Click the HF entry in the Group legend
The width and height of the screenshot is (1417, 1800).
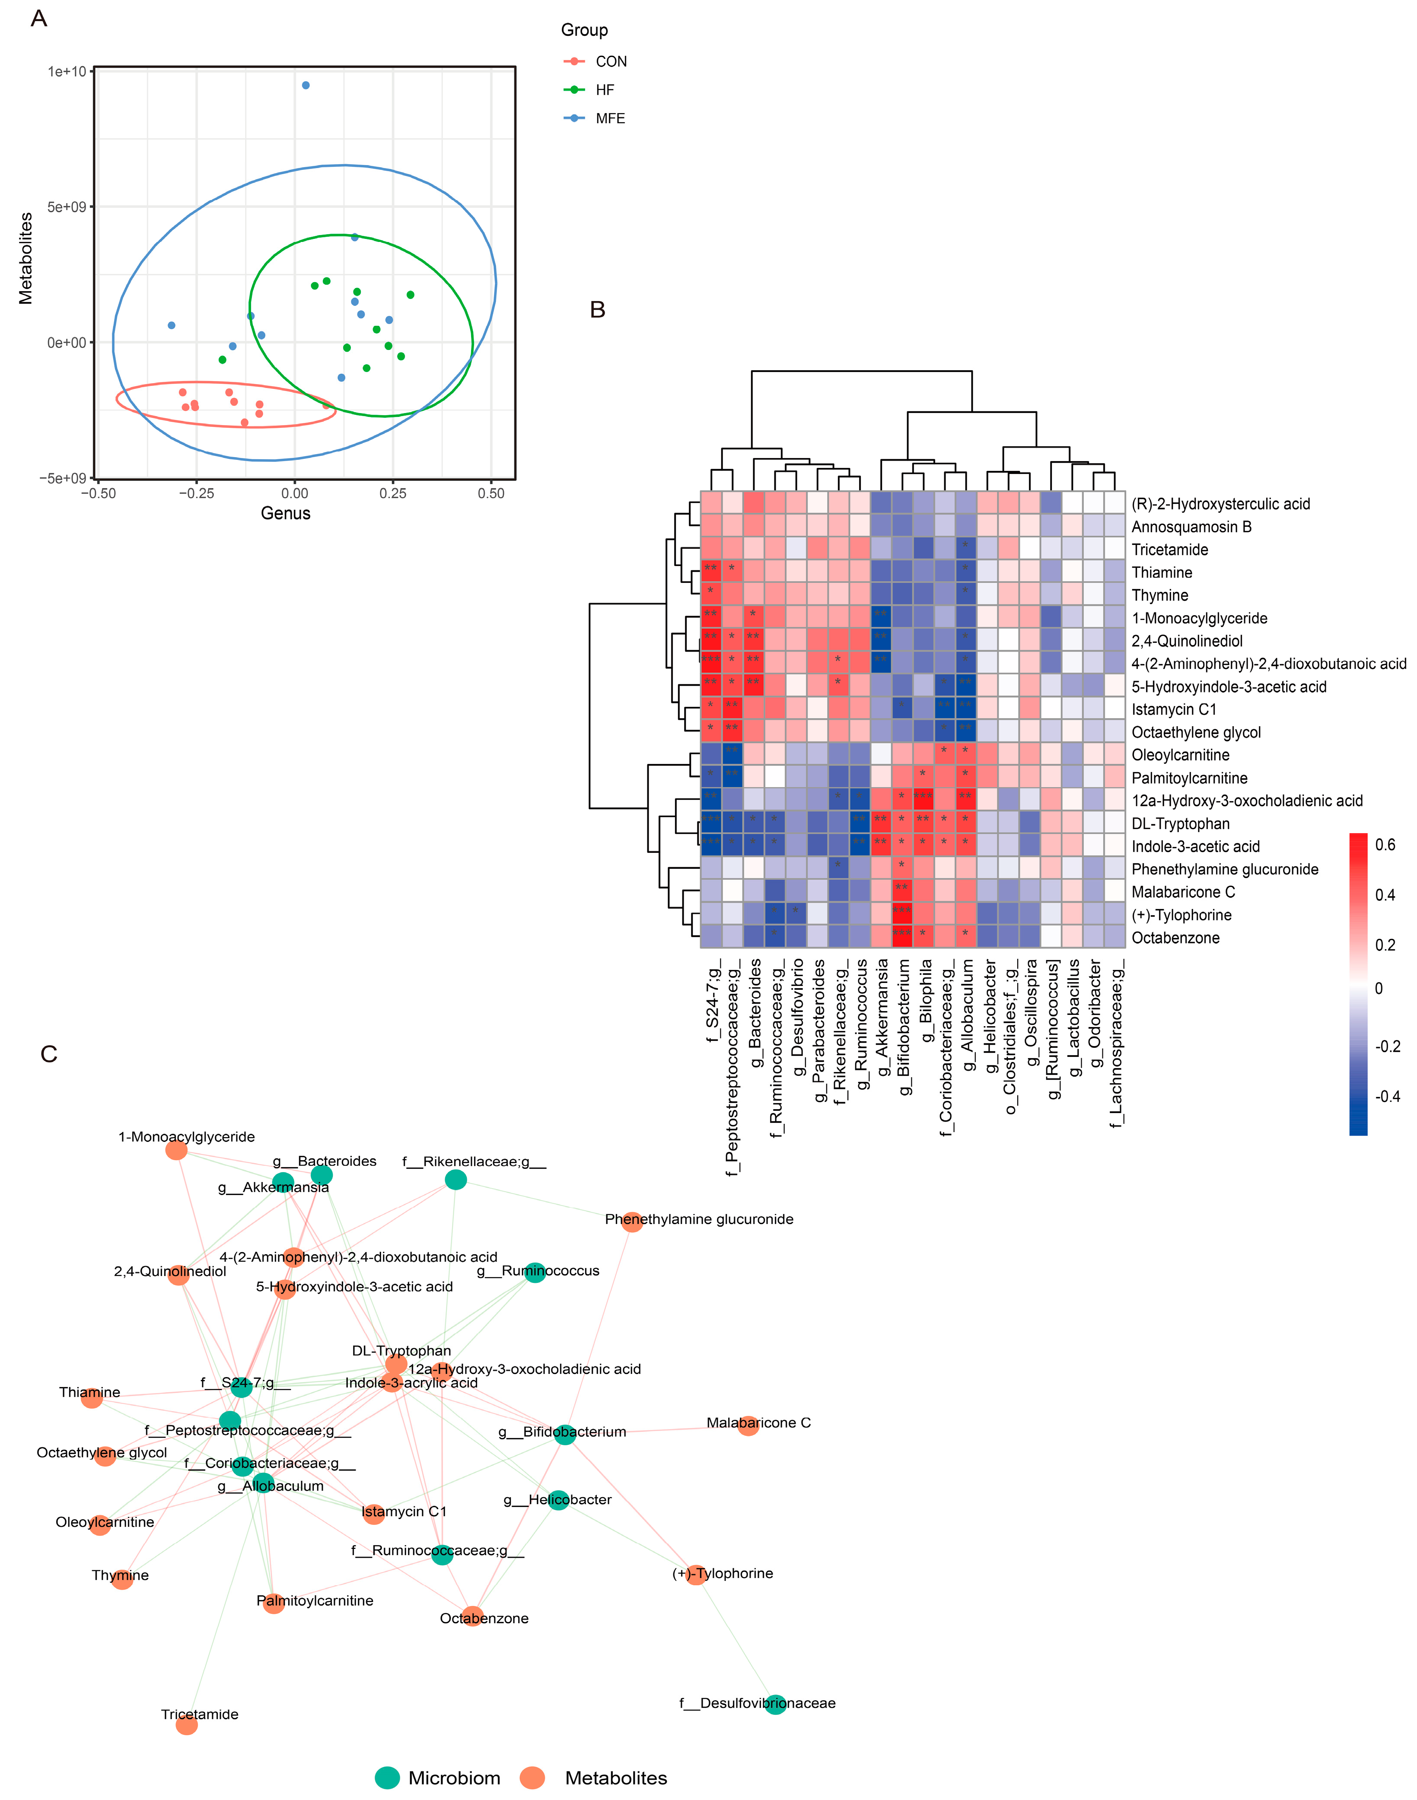coord(604,89)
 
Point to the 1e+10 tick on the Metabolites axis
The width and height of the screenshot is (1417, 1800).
coord(67,71)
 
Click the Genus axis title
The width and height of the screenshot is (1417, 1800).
coord(285,513)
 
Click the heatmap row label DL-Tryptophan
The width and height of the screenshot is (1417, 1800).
coord(1180,824)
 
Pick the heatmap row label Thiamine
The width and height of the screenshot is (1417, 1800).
coord(1162,572)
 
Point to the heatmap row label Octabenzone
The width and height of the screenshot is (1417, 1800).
coord(1175,938)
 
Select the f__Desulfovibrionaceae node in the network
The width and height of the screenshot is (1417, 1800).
coord(775,1705)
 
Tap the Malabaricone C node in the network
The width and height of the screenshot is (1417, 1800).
coord(748,1426)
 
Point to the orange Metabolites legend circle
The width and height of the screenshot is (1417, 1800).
coord(532,1778)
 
